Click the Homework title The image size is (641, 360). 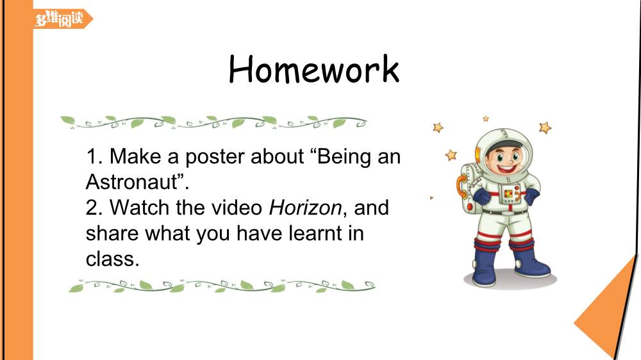click(x=313, y=69)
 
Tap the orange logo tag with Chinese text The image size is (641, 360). click(x=63, y=19)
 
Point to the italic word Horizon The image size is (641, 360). click(x=305, y=208)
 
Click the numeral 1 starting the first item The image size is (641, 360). click(x=91, y=156)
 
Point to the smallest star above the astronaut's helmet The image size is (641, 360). click(x=486, y=119)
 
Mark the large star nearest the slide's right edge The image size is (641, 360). click(x=545, y=128)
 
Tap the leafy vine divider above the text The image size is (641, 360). click(x=213, y=122)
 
